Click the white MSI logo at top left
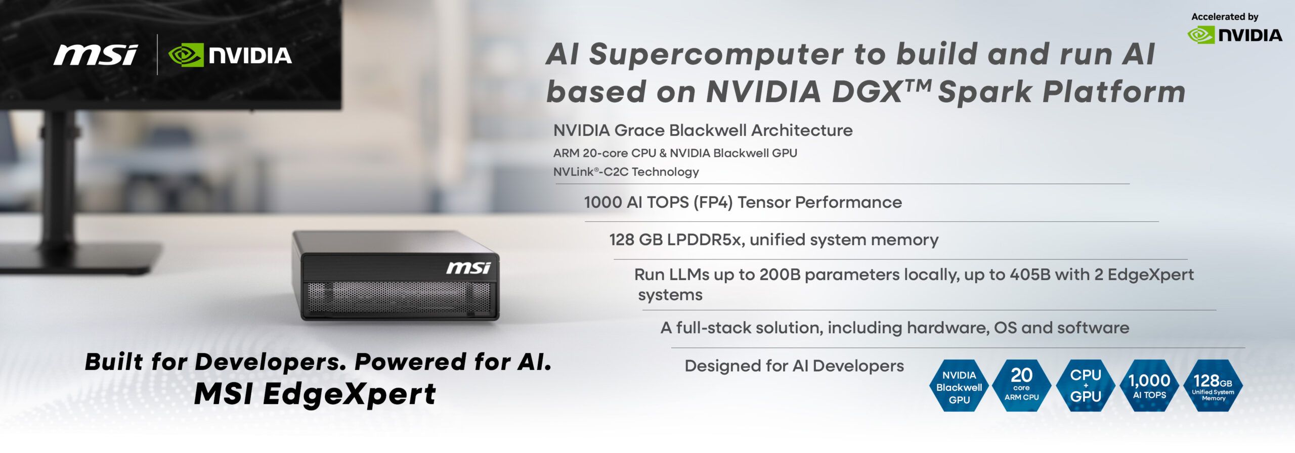point(95,55)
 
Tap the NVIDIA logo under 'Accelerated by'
point(1234,35)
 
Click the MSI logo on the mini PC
point(468,267)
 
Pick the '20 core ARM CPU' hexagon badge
point(1021,385)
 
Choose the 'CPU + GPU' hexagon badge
point(1086,385)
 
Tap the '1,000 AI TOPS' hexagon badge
point(1149,385)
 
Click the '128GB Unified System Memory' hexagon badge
point(1213,385)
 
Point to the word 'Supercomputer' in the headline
point(716,55)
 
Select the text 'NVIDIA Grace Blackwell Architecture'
point(703,130)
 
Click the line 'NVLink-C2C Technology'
point(626,172)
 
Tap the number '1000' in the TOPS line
point(602,202)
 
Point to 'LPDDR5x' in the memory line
point(704,240)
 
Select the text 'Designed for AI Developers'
point(794,366)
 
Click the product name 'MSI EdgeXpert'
point(315,394)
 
